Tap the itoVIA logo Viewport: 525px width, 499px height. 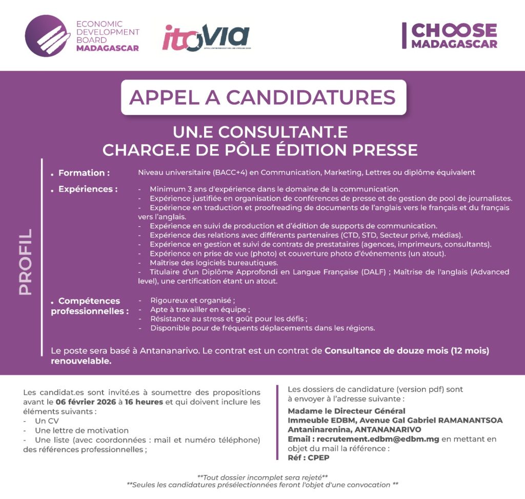206,37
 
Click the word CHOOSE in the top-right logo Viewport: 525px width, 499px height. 454,30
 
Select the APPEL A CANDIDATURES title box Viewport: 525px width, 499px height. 262,97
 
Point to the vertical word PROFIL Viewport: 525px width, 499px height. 25,262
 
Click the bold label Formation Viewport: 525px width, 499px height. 84,173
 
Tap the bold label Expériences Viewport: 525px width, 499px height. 88,189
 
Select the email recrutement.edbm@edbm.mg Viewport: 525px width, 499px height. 378,439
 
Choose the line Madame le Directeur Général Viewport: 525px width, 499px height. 347,411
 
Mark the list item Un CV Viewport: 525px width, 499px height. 46,421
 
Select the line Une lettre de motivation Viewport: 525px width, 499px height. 82,430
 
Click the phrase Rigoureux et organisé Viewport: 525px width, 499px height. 192,301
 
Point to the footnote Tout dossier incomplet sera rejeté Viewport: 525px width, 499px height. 262,476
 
